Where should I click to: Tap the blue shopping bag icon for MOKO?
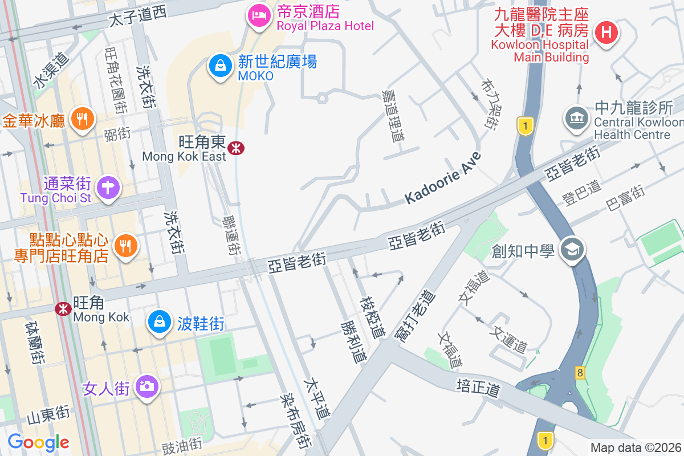tap(219, 66)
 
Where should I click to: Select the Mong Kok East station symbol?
tap(235, 148)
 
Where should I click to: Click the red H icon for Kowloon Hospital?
tap(607, 32)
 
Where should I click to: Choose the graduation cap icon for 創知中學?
tap(571, 249)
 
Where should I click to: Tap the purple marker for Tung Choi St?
tap(108, 187)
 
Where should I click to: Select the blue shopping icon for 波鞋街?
tap(160, 321)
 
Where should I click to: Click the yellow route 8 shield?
tap(580, 373)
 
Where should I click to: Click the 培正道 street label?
tap(478, 388)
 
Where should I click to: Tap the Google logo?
tap(38, 442)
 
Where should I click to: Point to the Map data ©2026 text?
tap(636, 447)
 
